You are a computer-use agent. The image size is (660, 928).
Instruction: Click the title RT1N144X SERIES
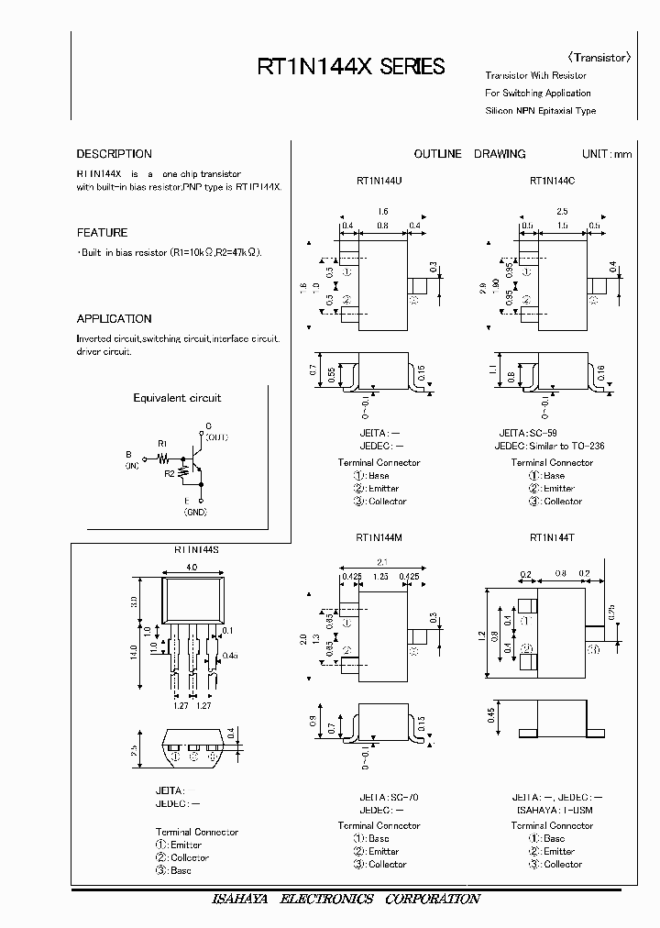pos(351,67)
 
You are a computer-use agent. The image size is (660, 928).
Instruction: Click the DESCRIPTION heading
pos(114,154)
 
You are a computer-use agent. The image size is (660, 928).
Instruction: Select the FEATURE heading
pos(102,233)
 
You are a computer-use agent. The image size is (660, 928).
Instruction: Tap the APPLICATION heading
pos(114,319)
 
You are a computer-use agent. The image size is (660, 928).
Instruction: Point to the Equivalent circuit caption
pos(177,398)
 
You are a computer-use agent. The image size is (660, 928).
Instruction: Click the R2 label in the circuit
pos(170,473)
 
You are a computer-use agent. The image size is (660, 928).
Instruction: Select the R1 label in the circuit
pos(162,443)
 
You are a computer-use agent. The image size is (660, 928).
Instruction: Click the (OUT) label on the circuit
pos(215,438)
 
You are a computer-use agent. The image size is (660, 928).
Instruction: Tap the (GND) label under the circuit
pos(195,513)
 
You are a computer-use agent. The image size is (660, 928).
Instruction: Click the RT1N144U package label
pos(379,181)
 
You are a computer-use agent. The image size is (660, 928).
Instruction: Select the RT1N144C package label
pos(552,181)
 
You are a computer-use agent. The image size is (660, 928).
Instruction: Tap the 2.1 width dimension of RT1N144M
pos(381,563)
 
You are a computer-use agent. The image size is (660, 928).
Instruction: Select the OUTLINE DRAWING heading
pos(469,154)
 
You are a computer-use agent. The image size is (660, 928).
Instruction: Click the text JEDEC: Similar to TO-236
pos(549,446)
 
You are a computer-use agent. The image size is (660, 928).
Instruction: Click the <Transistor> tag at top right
pos(600,57)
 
